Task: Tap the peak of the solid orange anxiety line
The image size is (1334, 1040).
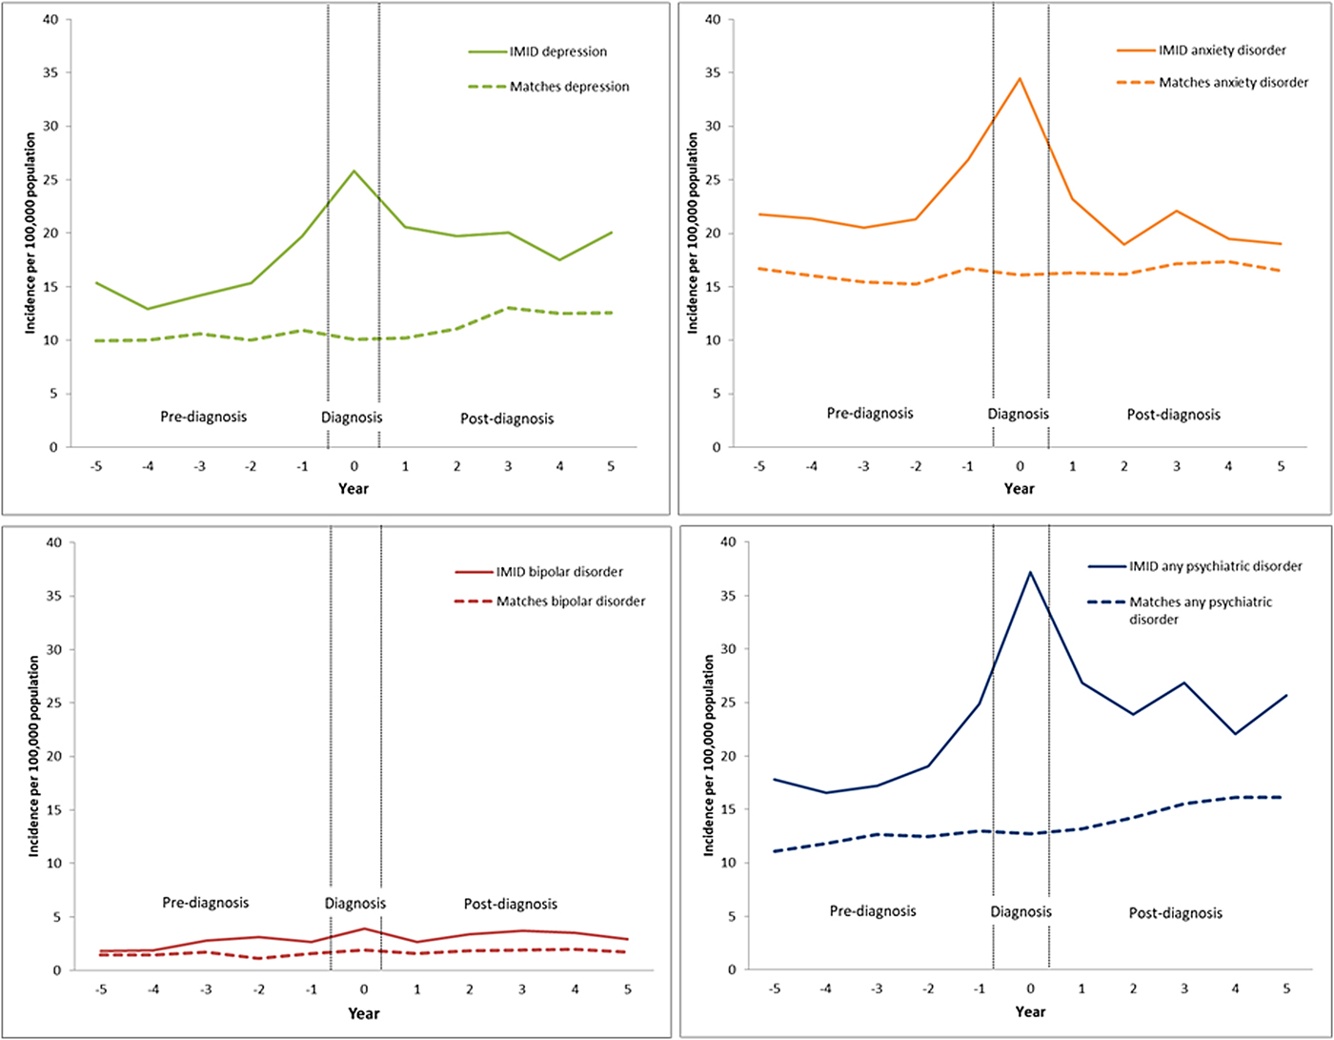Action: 1020,79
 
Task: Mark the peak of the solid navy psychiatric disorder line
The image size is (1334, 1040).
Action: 1030,572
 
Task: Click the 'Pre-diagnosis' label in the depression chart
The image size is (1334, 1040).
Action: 201,418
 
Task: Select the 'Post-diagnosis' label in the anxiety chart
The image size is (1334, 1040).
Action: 1173,415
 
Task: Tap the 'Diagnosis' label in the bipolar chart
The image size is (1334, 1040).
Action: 355,903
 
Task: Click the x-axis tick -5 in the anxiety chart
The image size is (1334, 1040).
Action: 758,465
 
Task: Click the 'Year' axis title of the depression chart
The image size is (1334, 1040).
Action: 354,488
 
